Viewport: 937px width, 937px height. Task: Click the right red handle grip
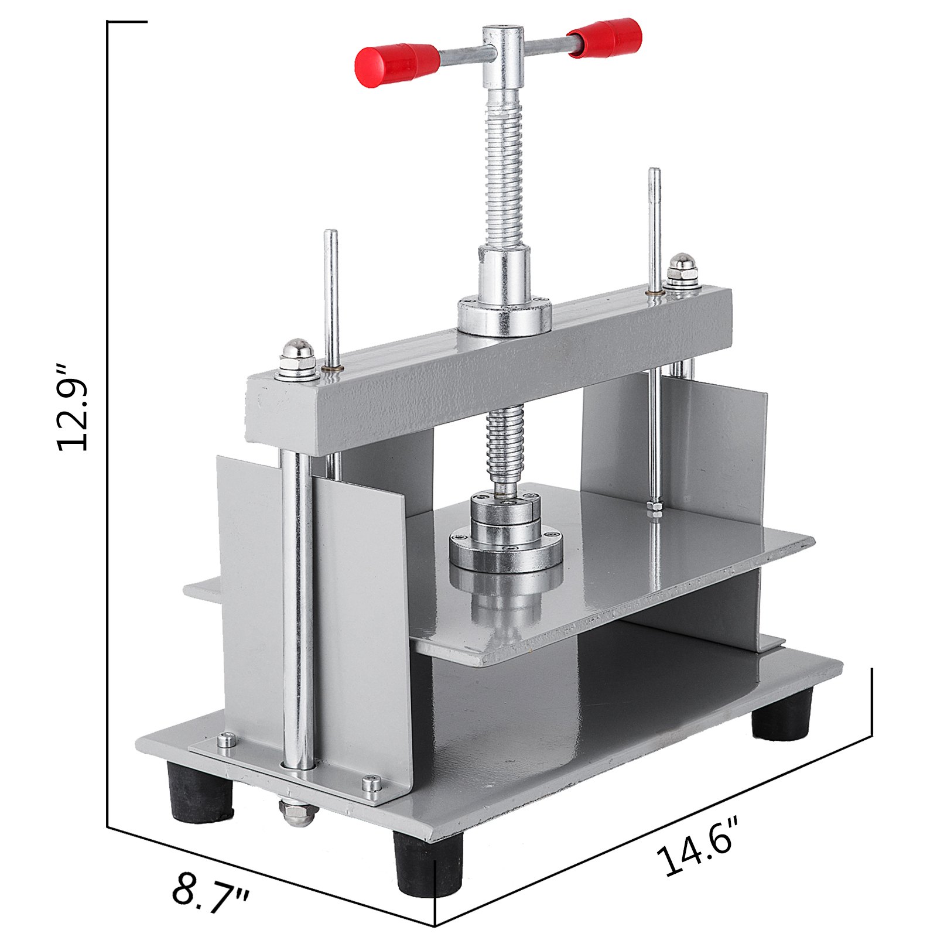606,37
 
